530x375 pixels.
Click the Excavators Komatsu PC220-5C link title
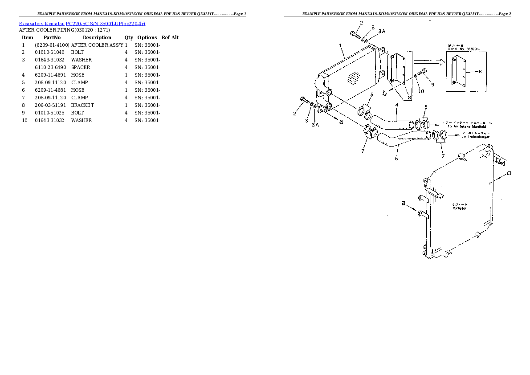coord(82,23)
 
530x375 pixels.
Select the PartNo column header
coord(52,37)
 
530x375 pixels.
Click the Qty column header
coord(129,37)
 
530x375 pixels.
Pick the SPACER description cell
coord(81,68)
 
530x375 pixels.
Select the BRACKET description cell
coord(82,105)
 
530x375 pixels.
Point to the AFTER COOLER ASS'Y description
coord(97,45)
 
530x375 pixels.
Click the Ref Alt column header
coord(170,37)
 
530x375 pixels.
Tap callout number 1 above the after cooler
coord(340,45)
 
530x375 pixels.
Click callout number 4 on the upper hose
coord(396,105)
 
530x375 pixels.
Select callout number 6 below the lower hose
coord(396,159)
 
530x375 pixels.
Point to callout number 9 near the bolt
coord(432,85)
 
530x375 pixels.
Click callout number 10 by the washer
coord(421,91)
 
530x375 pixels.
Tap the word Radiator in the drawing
coord(459,208)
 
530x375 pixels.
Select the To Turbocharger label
coord(476,137)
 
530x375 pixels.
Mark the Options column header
coord(147,37)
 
